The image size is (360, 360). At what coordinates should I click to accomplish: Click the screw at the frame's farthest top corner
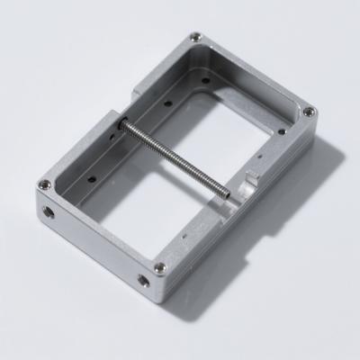point(195,38)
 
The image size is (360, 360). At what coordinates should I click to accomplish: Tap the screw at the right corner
point(309,112)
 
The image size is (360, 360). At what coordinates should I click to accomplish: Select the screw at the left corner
point(42,185)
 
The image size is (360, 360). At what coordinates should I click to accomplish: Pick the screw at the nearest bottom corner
point(159,267)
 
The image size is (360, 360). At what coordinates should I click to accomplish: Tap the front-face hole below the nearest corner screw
point(144,281)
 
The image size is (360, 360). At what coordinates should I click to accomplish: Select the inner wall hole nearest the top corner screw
point(206,79)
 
